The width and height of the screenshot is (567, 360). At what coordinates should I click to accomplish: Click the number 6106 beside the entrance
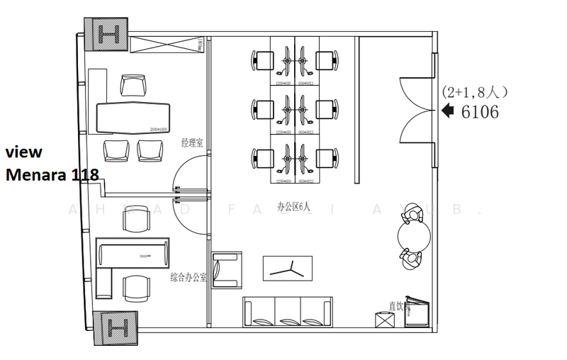pos(479,111)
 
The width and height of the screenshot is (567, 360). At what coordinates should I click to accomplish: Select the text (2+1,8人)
pos(474,92)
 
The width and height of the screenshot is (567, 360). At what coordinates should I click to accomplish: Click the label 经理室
pos(192,142)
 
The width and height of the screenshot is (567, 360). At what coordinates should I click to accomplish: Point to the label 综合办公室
pos(189,278)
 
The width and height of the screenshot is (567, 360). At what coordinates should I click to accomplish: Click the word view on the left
pos(24,152)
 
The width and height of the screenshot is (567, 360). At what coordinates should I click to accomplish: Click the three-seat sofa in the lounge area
pos(288,311)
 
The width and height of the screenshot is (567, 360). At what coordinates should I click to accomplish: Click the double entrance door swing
pos(416,111)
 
